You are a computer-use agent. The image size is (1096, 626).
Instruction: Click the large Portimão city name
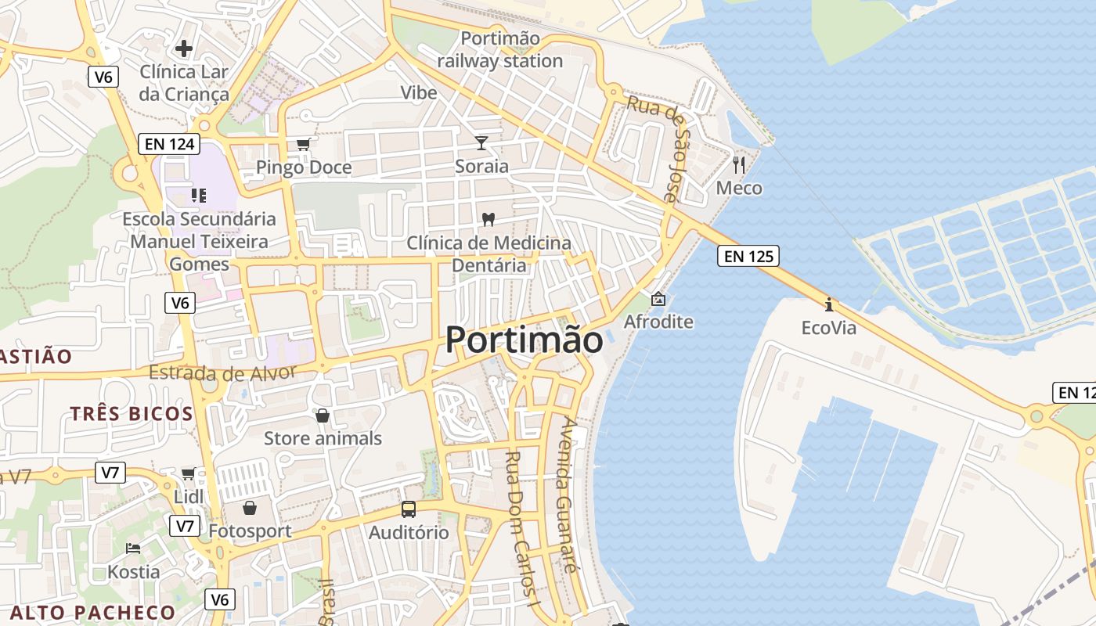[x=525, y=340]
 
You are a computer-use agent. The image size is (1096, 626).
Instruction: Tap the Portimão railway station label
[x=500, y=49]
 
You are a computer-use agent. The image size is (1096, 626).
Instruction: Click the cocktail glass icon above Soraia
[x=481, y=142]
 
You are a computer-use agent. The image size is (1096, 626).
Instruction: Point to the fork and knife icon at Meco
[x=739, y=164]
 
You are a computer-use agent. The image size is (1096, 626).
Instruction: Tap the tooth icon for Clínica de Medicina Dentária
[x=489, y=220]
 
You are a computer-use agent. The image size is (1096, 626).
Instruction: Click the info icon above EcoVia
[x=829, y=304]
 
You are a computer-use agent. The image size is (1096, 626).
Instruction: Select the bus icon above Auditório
[x=409, y=509]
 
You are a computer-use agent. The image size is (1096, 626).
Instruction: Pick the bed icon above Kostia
[x=133, y=548]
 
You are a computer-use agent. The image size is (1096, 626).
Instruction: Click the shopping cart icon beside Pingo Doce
[x=304, y=144]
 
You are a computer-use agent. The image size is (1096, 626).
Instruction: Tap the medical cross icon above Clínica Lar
[x=184, y=49]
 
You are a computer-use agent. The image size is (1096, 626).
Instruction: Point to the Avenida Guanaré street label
[x=569, y=496]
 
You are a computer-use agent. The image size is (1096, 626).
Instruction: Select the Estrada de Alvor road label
[x=222, y=373]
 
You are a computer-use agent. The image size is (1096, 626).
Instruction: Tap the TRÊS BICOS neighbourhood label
[x=132, y=414]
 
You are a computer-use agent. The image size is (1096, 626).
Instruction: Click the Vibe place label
[x=419, y=92]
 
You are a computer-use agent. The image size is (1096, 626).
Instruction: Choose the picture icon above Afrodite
[x=658, y=299]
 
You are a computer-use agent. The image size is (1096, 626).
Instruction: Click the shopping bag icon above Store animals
[x=323, y=416]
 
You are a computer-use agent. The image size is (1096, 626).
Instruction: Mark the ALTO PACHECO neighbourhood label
[x=93, y=612]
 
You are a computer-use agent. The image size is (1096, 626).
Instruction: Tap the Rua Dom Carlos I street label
[x=521, y=531]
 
